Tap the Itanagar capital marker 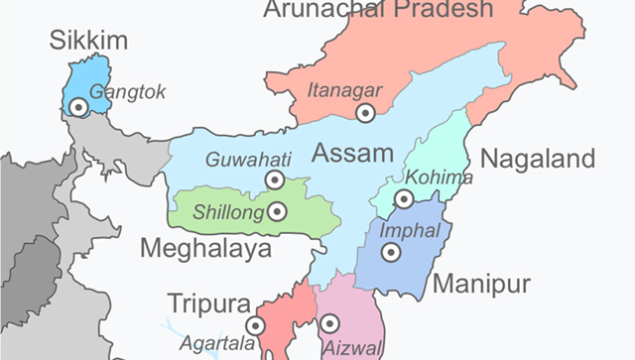[x=366, y=114]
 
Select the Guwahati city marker [x=274, y=180]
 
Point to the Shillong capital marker [x=278, y=211]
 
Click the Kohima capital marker [x=404, y=199]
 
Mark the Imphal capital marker [x=391, y=253]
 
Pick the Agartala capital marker [x=257, y=324]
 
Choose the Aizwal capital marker [x=329, y=323]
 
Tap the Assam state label [x=347, y=154]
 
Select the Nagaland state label [x=537, y=159]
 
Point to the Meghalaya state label [x=205, y=248]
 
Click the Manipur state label [x=482, y=284]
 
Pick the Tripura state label [x=208, y=301]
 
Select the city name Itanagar [x=342, y=88]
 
